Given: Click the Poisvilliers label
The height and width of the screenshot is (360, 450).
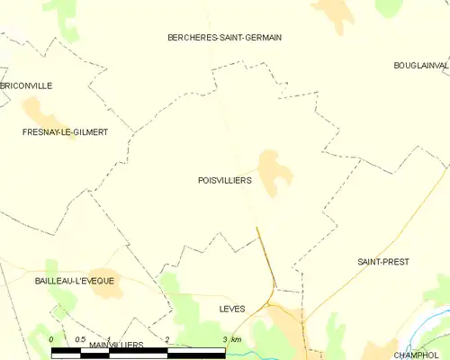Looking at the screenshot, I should (224, 180).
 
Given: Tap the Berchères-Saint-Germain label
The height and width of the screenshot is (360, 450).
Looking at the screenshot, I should (225, 37).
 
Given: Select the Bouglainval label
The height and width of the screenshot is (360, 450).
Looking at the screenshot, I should (420, 66).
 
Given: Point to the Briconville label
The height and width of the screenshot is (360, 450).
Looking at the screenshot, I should (27, 85).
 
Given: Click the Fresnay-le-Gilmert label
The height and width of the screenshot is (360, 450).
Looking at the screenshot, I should (65, 132).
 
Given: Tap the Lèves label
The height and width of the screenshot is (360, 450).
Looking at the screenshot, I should (232, 309).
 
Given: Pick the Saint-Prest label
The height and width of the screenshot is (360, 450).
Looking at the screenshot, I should (383, 262).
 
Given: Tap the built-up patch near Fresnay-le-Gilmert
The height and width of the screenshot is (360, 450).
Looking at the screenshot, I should (40, 114).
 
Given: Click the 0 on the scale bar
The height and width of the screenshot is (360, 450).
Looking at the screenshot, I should (51, 339).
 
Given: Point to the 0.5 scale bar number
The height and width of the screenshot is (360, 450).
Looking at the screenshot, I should (79, 339).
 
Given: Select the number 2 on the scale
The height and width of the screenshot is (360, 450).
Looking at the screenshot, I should (167, 339).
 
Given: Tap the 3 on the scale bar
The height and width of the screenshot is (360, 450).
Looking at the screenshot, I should (225, 339).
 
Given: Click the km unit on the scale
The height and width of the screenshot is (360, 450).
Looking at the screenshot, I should (236, 339).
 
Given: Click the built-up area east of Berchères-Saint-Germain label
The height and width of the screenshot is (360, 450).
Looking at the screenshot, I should (334, 13).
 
